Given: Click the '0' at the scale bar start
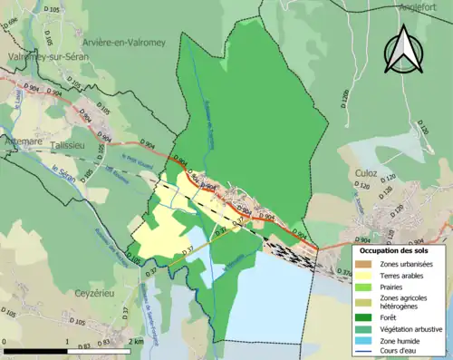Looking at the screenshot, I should [5, 340].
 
